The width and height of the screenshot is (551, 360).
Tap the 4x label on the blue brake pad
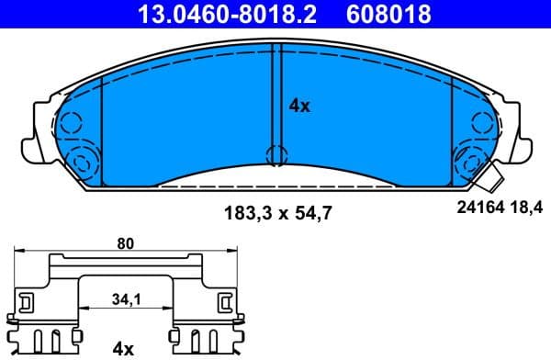click(x=299, y=106)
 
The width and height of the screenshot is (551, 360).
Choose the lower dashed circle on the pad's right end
click(x=471, y=163)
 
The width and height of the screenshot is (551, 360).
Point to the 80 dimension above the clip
click(x=126, y=243)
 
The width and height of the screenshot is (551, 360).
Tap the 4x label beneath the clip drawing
click(x=122, y=348)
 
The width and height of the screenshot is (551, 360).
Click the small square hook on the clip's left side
click(x=26, y=301)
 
